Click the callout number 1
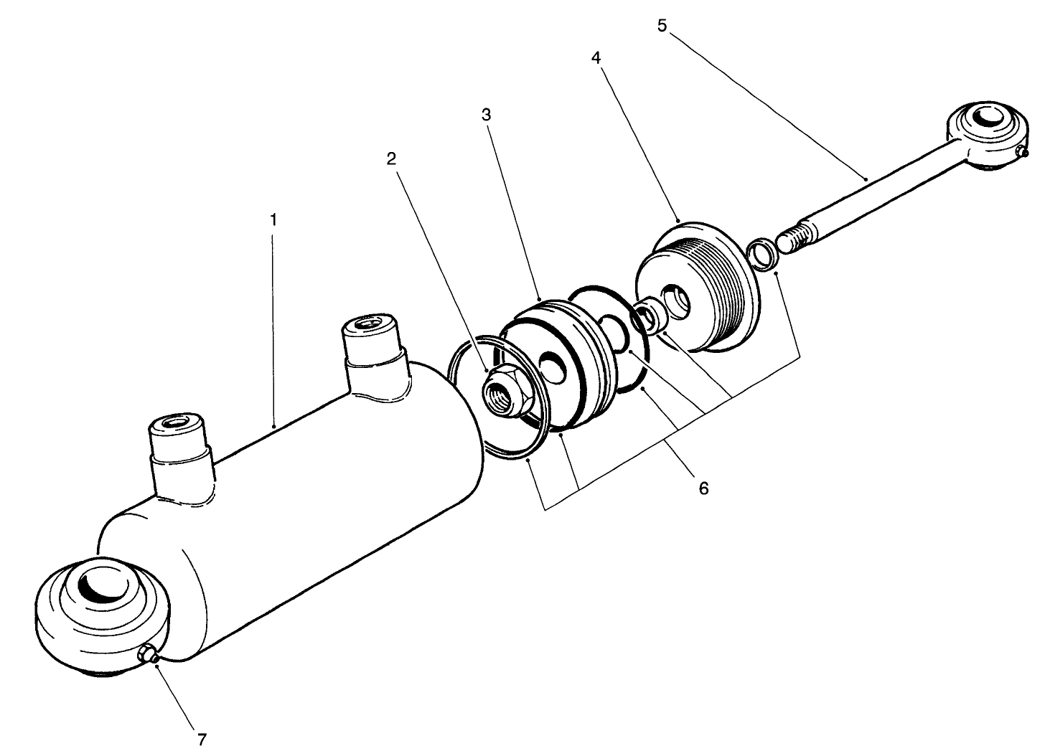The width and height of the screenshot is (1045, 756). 273,219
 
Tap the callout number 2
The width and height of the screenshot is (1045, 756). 391,159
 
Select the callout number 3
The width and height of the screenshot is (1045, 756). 486,115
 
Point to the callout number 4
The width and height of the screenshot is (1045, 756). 595,58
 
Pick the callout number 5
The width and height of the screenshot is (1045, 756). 662,25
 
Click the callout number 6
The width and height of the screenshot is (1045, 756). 703,488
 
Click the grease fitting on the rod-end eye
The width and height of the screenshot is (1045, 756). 1022,151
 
